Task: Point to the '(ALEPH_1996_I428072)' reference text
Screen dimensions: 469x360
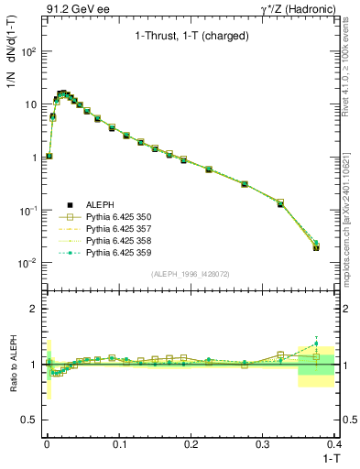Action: [x=191, y=272]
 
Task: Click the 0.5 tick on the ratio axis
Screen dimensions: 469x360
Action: [x=30, y=420]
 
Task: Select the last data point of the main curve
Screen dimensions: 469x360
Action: [x=316, y=247]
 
